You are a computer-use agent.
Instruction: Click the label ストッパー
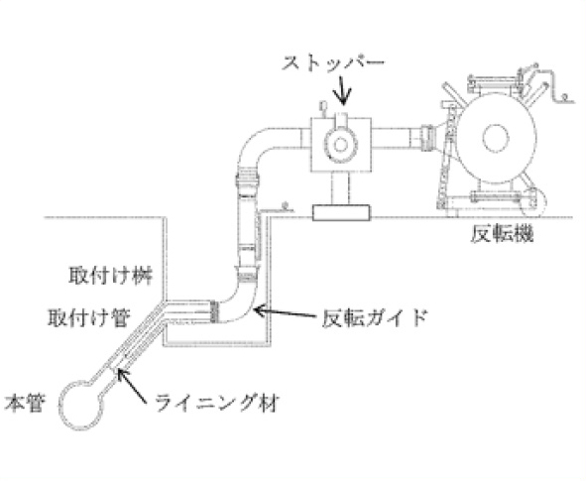[332, 63]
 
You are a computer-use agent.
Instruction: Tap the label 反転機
[502, 234]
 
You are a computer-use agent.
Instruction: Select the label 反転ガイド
[375, 318]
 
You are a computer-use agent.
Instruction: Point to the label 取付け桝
[111, 276]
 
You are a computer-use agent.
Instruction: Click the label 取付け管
[89, 318]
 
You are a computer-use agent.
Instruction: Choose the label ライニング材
[217, 403]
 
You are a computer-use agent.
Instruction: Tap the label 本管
[25, 403]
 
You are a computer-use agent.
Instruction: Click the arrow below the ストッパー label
[342, 89]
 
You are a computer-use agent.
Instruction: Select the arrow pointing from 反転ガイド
[286, 313]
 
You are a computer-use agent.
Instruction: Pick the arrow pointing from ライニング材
[131, 386]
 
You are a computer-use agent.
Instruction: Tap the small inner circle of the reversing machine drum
[496, 138]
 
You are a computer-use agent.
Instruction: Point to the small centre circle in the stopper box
[340, 144]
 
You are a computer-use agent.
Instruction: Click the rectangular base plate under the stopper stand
[341, 212]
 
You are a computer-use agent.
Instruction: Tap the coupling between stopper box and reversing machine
[427, 139]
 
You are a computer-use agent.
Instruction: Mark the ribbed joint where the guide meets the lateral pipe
[214, 311]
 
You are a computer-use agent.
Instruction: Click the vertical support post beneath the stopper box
[340, 188]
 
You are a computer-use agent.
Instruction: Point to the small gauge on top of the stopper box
[323, 107]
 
